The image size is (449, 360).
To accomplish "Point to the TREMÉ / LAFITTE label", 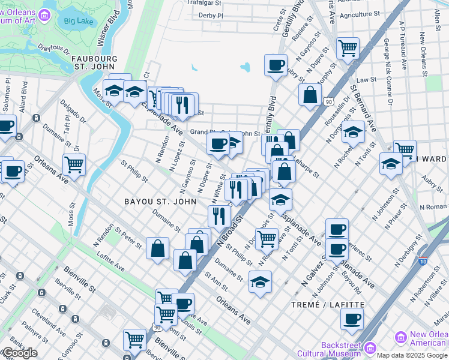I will pyautogui.click(x=335, y=305).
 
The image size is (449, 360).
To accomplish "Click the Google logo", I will pyautogui.click(x=20, y=353).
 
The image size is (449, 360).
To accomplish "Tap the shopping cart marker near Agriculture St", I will pyautogui.click(x=348, y=48).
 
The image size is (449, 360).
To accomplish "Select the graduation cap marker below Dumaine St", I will pyautogui.click(x=260, y=281).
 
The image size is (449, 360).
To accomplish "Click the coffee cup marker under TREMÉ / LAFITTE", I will pyautogui.click(x=352, y=318).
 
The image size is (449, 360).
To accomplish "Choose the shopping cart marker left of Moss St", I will pyautogui.click(x=74, y=164).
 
